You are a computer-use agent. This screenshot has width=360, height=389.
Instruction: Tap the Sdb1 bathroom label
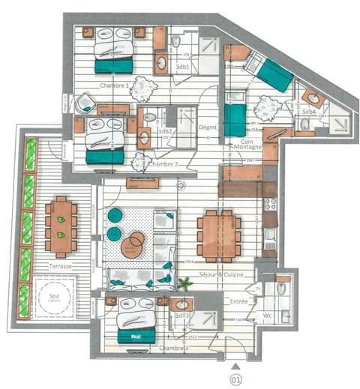(x=181, y=67)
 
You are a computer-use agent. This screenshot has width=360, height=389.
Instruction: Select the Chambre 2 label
(x=163, y=163)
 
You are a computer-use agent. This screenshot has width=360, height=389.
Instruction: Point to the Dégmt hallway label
(x=208, y=128)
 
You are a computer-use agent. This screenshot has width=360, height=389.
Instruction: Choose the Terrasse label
(x=57, y=266)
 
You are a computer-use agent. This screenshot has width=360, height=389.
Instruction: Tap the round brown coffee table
(x=133, y=245)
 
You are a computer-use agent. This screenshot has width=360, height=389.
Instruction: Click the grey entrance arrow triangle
(x=236, y=365)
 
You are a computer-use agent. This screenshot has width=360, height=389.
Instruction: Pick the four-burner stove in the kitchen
(x=270, y=204)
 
